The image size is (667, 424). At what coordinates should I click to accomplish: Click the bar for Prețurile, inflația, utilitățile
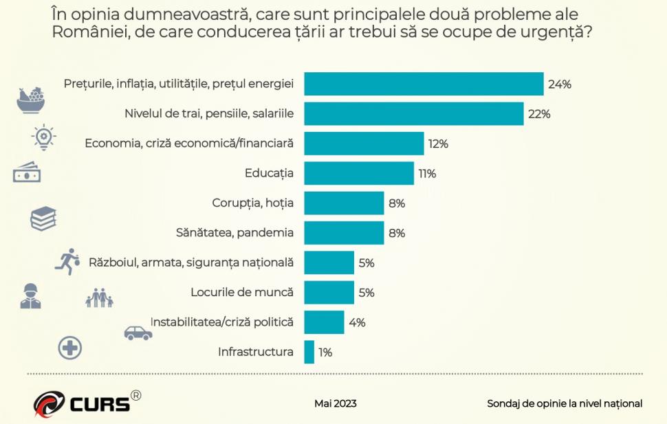tap(424, 84)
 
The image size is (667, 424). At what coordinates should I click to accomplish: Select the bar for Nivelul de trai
tap(413, 114)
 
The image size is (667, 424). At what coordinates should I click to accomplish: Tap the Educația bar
tap(358, 173)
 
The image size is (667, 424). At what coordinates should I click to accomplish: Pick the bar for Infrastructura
tap(309, 352)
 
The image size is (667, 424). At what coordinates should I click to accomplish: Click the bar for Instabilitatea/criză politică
tap(324, 322)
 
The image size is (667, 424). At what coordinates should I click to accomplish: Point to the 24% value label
tap(560, 85)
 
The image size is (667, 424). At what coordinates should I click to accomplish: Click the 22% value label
tap(539, 114)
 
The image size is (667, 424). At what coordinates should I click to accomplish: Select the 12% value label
tap(438, 144)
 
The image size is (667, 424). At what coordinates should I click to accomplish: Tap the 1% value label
tap(325, 353)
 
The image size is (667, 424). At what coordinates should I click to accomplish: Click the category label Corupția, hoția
tap(252, 203)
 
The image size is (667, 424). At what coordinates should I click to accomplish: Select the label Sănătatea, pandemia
tap(235, 233)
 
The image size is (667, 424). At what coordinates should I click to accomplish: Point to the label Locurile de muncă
tap(242, 292)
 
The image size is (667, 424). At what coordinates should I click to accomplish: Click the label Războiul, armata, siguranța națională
tap(191, 263)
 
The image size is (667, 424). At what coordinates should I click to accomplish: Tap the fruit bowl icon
tap(31, 100)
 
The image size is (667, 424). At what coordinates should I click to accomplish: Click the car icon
tap(138, 333)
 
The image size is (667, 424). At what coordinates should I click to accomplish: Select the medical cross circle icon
tap(69, 348)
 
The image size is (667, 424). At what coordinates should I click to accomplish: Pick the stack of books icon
tap(43, 219)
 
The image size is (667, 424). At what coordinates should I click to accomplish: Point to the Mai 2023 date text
tap(336, 403)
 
